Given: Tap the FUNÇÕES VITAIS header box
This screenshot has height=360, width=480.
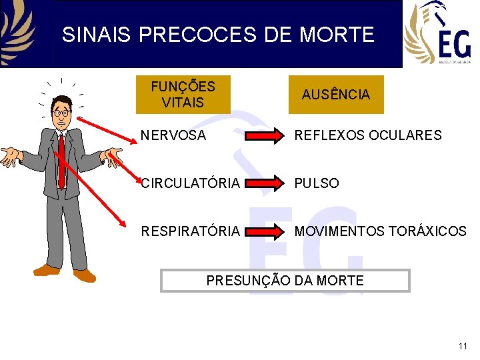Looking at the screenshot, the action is click(183, 95).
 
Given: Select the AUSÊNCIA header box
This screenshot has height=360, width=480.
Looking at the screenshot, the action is click(335, 95).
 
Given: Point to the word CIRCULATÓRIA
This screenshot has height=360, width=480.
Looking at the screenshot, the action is click(190, 183).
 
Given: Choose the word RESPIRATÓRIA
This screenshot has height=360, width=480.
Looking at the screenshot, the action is click(190, 231).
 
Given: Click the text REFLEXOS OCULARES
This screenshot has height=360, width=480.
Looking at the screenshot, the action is click(368, 135).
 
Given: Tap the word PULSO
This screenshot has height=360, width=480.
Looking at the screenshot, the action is click(317, 183).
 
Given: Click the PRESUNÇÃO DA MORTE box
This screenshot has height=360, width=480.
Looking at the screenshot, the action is click(285, 281).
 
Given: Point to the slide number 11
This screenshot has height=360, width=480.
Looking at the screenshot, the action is click(463, 346).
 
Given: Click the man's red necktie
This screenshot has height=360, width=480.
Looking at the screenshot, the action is click(61, 160).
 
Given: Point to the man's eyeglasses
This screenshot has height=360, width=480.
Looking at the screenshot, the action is click(61, 113).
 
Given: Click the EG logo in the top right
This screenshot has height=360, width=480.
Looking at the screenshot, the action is click(437, 33).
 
